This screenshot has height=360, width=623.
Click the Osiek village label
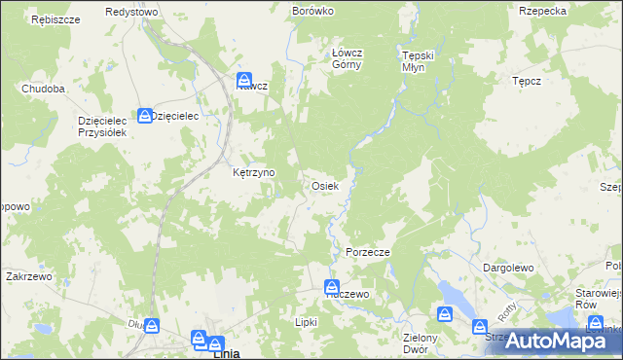[x=324, y=185]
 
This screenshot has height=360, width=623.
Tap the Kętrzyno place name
[x=253, y=172]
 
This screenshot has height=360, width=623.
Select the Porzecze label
[x=368, y=252]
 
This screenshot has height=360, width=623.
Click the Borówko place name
[x=313, y=11]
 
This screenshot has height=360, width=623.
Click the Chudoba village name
[x=43, y=89]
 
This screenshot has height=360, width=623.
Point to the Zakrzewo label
[x=27, y=275]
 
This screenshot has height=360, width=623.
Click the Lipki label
[x=306, y=321]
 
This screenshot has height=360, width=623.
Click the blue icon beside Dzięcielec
[x=144, y=115]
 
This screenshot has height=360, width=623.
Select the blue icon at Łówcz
[x=245, y=80]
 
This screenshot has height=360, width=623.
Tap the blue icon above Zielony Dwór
[x=445, y=314]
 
